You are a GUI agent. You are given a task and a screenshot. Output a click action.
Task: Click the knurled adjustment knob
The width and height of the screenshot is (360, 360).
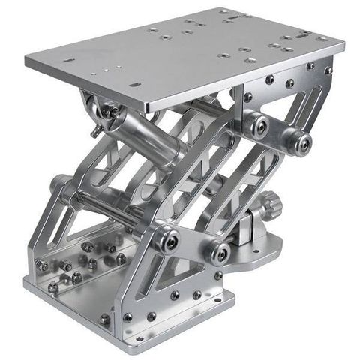click(x=270, y=203)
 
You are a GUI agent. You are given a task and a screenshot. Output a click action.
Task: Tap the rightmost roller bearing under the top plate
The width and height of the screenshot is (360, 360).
click(x=301, y=141)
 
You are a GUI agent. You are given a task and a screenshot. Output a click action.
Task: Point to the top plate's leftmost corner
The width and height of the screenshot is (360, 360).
click(x=25, y=57)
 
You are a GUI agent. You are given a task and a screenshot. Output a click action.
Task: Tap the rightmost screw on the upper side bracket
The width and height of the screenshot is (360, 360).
click(x=328, y=70)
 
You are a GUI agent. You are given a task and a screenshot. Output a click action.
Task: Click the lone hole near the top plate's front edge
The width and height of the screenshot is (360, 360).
click(x=135, y=85)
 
